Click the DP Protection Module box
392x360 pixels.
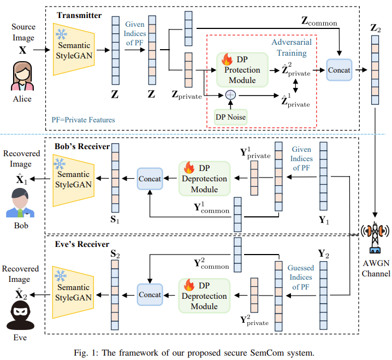click(x=241, y=70)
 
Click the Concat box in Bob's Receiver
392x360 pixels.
click(x=150, y=179)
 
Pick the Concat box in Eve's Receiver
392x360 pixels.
click(x=150, y=294)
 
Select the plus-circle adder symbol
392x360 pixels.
click(x=229, y=94)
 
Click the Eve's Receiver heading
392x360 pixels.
click(x=81, y=244)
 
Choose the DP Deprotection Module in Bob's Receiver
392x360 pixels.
click(x=205, y=178)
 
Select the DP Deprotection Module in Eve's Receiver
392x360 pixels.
click(x=205, y=294)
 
